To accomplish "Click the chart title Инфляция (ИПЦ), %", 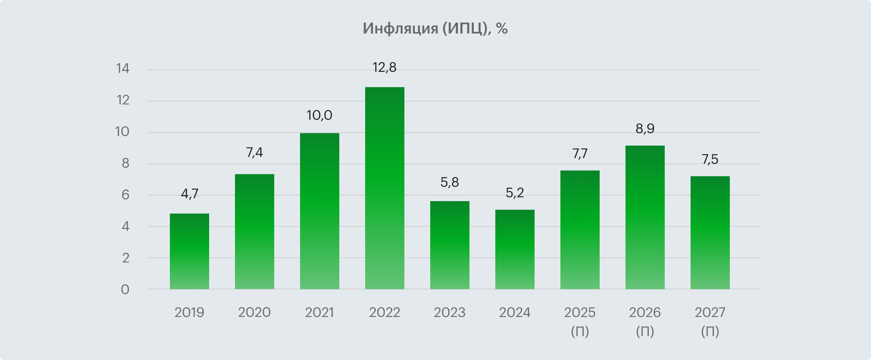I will [435, 29].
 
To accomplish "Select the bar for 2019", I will [190, 251].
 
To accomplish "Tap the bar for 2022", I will [385, 188].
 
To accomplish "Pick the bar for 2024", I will [515, 249].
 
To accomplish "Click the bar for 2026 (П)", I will [645, 217].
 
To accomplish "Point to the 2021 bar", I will [320, 211].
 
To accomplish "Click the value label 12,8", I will [385, 67].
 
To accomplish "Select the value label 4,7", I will [190, 194].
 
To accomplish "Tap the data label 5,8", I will [450, 182].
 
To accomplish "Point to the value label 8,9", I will [645, 129].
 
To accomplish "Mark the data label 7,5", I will [710, 159].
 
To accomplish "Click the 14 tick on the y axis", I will [123, 68].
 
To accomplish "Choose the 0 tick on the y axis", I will [125, 290].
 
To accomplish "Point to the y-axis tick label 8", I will [125, 164].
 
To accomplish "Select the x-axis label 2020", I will [255, 313].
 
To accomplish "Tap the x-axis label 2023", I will [450, 313].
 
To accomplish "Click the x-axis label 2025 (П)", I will [580, 321].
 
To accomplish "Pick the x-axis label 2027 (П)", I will [710, 321].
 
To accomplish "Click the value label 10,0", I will [320, 115].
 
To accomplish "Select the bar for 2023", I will [450, 245].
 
